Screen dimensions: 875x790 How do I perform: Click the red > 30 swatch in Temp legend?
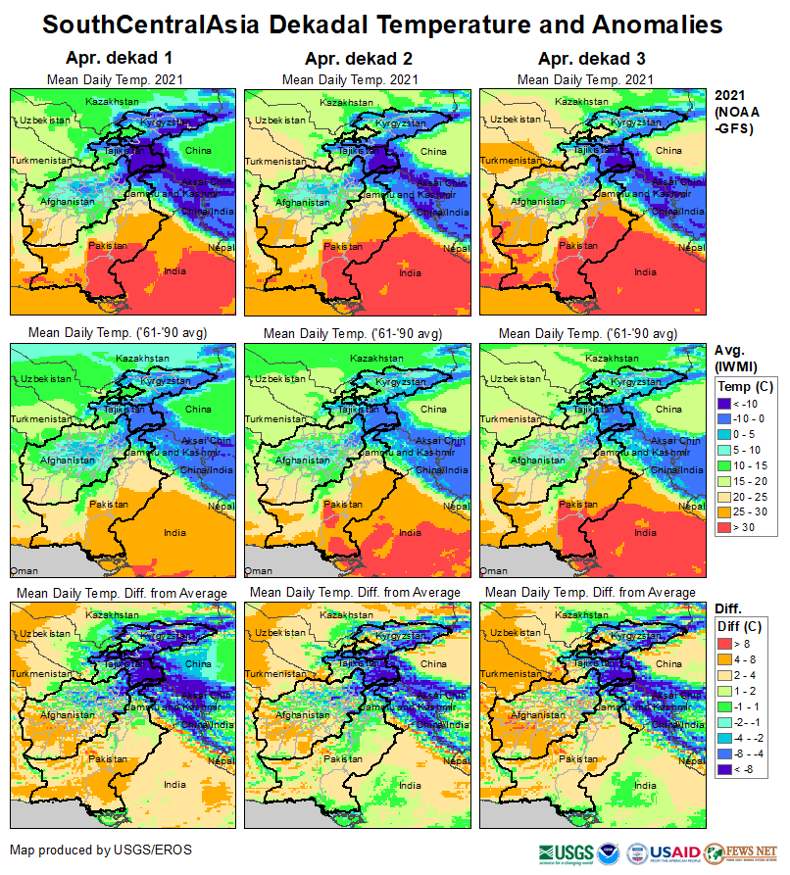point(727,528)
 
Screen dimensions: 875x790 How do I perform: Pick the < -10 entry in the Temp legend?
point(727,403)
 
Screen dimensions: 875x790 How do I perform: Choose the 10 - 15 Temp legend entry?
point(727,465)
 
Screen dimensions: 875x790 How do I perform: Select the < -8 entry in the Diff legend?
point(727,770)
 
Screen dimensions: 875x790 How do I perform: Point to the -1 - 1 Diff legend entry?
point(727,705)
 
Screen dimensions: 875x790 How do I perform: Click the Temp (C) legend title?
point(746,386)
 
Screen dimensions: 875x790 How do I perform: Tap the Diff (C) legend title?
point(745,626)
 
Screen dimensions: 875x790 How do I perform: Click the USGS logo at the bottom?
point(566,852)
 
